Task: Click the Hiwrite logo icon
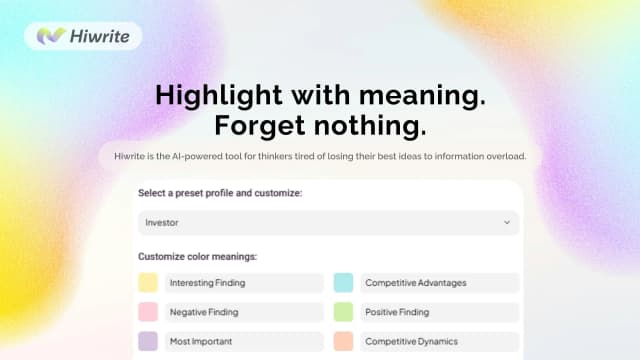(51, 36)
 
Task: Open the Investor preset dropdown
(328, 222)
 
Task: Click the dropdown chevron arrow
(506, 222)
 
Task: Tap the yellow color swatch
(148, 283)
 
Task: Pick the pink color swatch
(148, 312)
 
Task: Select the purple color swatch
(148, 341)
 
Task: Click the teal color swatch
(343, 283)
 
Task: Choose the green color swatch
(343, 312)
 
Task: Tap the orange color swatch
(343, 341)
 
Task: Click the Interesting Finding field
(243, 283)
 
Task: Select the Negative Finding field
(243, 312)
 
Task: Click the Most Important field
(243, 341)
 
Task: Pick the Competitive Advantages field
(439, 283)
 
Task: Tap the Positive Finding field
(439, 312)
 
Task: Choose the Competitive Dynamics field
(439, 341)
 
